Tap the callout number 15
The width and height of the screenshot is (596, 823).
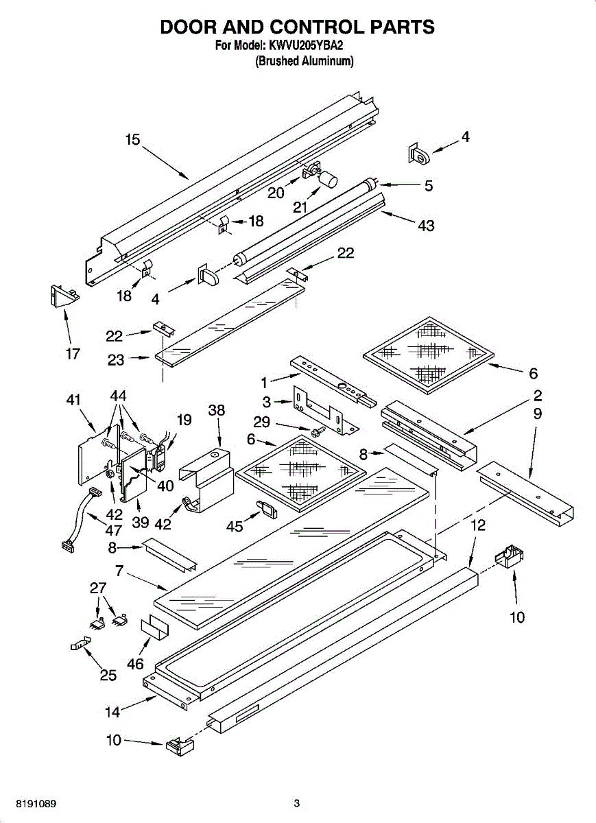[132, 140]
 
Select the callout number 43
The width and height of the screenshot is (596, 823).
[426, 226]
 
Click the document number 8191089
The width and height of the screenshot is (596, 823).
[32, 803]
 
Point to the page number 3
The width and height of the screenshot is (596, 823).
[297, 803]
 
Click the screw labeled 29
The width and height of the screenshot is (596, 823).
[316, 433]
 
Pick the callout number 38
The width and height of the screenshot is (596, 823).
[217, 410]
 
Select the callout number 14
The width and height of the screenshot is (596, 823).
[112, 712]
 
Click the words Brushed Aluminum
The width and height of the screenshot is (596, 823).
[305, 61]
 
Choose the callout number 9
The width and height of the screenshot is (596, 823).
[537, 414]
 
